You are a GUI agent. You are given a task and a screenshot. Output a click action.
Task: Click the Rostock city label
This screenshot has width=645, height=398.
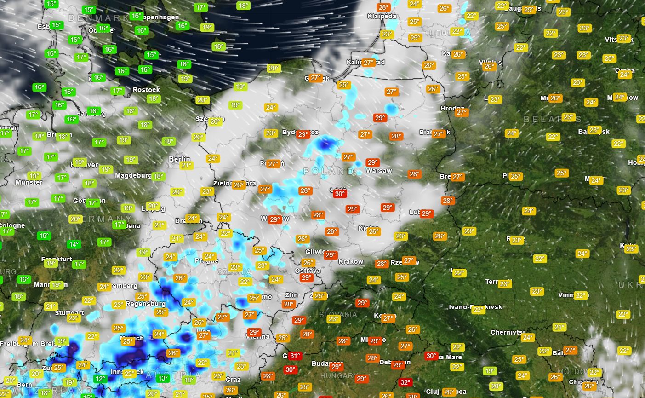coord(146,90)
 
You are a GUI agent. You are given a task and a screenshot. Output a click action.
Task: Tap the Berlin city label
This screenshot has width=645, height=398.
coord(179,159)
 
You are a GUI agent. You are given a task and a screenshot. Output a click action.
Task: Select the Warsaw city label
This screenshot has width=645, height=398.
coord(379,171)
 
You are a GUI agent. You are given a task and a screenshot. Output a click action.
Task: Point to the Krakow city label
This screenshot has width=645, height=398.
coord(351,261)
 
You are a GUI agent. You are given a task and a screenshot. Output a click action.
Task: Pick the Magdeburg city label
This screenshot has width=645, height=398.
coord(133,175)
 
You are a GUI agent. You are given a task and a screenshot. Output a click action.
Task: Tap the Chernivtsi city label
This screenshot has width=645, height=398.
coord(508,332)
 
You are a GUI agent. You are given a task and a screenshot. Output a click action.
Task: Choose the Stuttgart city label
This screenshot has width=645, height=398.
coord(69,313)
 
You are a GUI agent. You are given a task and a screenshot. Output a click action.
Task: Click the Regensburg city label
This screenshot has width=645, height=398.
coord(145,304)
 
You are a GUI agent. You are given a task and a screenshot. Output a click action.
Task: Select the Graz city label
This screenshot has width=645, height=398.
coord(233,380)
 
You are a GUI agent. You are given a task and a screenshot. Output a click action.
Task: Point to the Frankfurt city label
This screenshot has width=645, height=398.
coord(57,259)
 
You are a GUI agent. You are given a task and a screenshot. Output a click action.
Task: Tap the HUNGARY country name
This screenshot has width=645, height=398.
coord(338,376)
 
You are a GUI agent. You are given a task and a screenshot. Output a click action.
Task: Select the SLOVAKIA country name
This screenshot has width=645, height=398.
coord(338,314)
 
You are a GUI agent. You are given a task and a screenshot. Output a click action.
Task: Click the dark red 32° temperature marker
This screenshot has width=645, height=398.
coord(405,382)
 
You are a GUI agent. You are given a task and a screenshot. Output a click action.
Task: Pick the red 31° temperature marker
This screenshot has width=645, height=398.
coord(295,356)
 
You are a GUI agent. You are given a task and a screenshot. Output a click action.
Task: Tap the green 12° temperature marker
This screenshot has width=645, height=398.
coord(100,379)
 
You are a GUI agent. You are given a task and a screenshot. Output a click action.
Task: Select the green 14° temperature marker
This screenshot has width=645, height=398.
coord(73,244)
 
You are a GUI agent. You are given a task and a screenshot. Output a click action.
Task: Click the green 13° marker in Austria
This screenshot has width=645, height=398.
coord(163,378)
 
